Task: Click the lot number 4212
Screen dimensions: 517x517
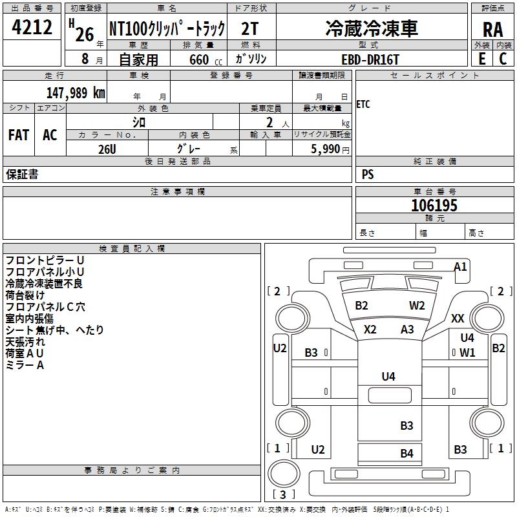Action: coord(32,28)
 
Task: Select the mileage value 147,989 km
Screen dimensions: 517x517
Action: coord(76,92)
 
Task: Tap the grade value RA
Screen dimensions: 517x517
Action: coord(492,30)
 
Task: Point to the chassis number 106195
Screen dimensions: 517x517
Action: coord(434,206)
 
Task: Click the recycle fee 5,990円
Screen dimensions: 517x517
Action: coord(330,149)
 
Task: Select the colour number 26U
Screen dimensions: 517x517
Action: coord(107,149)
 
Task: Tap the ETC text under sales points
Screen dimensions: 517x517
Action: coord(363,105)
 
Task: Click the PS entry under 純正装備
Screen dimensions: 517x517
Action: coord(368,174)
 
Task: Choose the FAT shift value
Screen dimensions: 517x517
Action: coord(19,134)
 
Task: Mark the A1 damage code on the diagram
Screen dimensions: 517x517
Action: coord(461,266)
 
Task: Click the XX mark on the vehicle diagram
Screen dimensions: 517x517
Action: coord(458,318)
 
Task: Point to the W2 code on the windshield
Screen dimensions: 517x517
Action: coord(417,306)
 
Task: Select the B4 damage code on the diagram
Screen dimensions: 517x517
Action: coord(406,453)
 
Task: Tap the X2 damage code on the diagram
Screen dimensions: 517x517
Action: coord(370,329)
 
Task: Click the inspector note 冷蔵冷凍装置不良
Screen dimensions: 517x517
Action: coord(44,284)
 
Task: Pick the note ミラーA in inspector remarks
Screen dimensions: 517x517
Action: coord(25,365)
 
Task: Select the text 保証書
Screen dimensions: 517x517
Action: coord(22,174)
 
